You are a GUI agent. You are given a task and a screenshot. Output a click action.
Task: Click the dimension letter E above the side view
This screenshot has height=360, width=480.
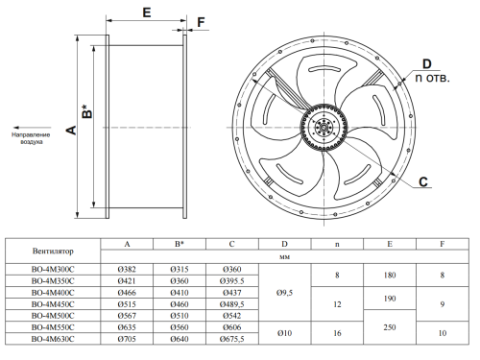pyautogui.click(x=147, y=12)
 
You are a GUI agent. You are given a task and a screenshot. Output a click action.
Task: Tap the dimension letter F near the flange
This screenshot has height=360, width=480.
pyautogui.click(x=201, y=22)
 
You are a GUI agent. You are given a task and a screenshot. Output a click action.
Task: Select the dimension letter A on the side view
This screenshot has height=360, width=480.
pyautogui.click(x=71, y=130)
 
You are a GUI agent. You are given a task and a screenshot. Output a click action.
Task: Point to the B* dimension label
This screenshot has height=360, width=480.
pyautogui.click(x=86, y=110)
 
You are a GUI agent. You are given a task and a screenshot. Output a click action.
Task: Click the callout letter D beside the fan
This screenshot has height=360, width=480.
pyautogui.click(x=427, y=64)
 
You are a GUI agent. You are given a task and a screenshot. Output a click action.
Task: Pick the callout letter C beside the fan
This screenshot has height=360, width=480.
pyautogui.click(x=423, y=181)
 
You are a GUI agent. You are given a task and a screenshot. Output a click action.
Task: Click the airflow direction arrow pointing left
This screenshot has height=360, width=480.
pyautogui.click(x=33, y=128)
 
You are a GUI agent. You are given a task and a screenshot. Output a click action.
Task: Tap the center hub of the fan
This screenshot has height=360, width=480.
pyautogui.click(x=324, y=128)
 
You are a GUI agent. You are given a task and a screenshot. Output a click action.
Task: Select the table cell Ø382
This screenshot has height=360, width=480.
pyautogui.click(x=127, y=270)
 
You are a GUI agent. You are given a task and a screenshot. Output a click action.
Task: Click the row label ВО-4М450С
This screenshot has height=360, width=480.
pyautogui.click(x=53, y=304)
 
